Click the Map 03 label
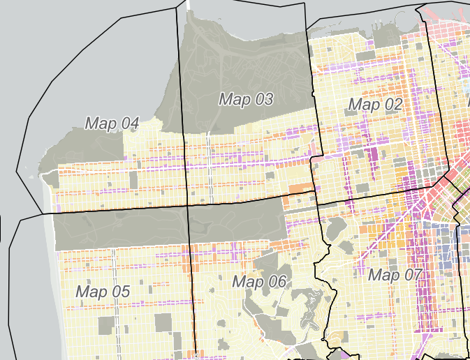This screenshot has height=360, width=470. click(x=246, y=99)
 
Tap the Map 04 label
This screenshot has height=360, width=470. click(x=112, y=123)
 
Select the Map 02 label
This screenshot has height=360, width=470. click(x=375, y=105)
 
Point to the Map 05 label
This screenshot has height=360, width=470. click(x=103, y=292)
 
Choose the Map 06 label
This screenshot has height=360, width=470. click(x=259, y=282)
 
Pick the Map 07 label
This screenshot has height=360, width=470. click(x=395, y=274)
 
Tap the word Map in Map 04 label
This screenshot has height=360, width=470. click(x=98, y=123)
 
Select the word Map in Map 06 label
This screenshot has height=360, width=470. click(x=246, y=282)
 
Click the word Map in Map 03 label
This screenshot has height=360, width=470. click(x=232, y=99)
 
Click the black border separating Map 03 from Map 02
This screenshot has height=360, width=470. click(x=311, y=105)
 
